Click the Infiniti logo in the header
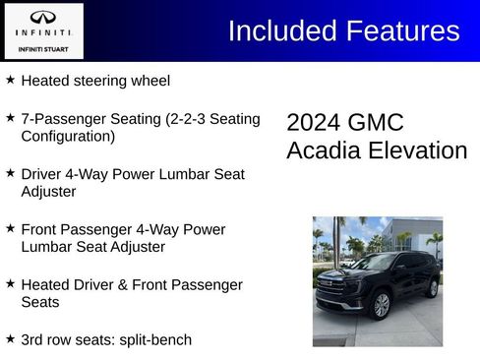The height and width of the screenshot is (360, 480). coord(42,19)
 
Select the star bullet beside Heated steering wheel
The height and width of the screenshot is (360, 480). coord(10,80)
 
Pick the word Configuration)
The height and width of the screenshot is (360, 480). coord(68,136)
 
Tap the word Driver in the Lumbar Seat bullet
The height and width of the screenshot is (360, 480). coord(44,174)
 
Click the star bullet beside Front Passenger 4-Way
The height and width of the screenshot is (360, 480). coord(10,228)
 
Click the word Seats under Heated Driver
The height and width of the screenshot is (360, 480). coord(40,302)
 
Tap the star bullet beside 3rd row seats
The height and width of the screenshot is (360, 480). coord(10,338)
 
